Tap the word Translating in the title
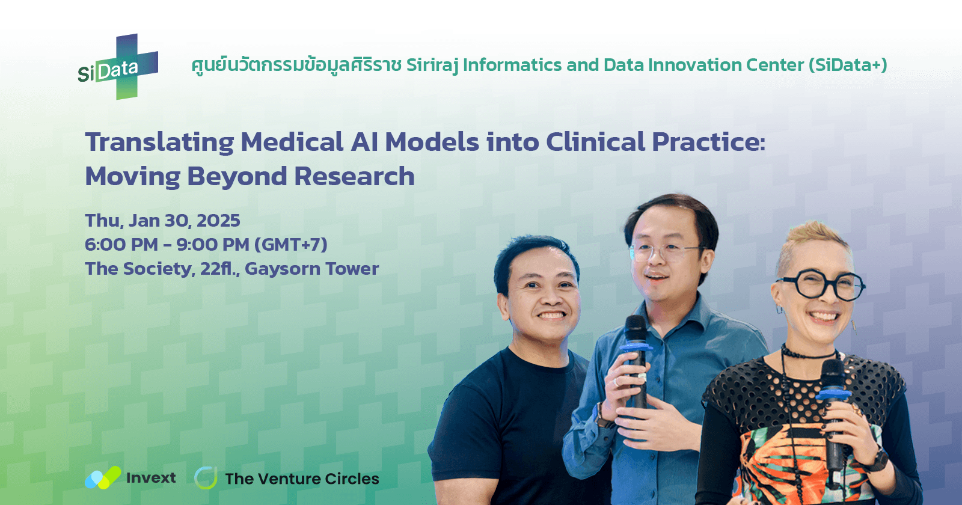(x=159, y=142)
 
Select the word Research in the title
(x=354, y=177)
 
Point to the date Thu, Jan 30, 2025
(x=162, y=221)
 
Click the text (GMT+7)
(x=291, y=245)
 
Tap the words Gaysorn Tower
(x=311, y=269)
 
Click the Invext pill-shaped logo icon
(x=103, y=478)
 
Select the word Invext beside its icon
(x=151, y=478)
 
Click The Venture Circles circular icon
(x=206, y=478)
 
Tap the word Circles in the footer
(x=352, y=479)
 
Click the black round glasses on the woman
(x=821, y=285)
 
